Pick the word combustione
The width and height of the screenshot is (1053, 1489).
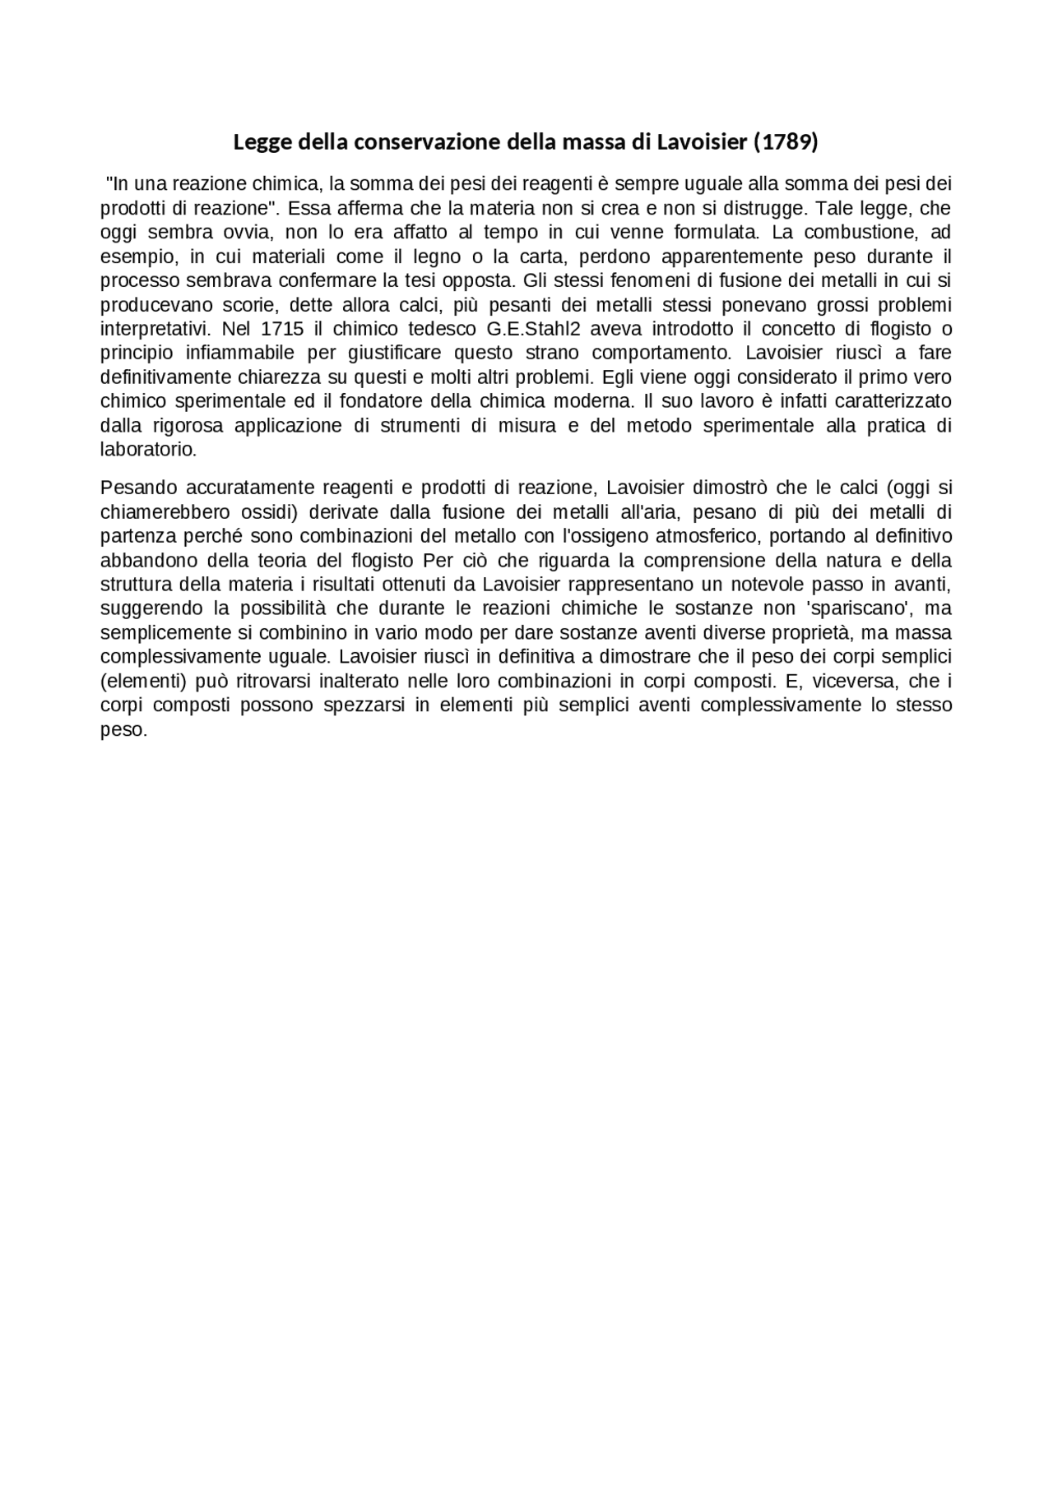[x=856, y=232]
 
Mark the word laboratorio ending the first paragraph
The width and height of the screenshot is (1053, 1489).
[x=148, y=451]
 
